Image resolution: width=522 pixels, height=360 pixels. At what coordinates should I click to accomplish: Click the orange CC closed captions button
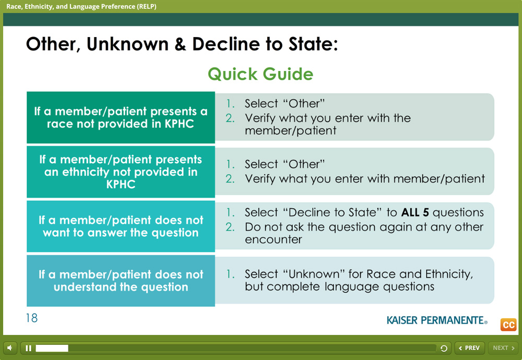coord(508,325)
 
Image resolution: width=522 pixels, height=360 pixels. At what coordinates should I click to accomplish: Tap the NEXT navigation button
coord(503,348)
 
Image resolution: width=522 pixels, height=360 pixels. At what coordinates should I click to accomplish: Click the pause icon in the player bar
coord(28,348)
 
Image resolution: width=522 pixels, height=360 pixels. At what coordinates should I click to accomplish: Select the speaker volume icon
coord(10,348)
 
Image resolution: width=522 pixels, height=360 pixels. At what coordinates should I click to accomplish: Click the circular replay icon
coord(444,349)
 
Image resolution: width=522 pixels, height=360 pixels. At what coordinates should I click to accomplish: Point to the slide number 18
coord(32,318)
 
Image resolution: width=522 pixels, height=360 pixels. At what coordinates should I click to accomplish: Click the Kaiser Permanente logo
coord(437,320)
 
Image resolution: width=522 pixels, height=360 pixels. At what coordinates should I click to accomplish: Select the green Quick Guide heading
coord(260,74)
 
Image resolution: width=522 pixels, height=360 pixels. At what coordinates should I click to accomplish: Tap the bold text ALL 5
coord(415,212)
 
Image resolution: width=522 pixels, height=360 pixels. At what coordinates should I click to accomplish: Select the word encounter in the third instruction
coord(274,239)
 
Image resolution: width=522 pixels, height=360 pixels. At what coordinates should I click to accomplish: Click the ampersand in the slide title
coord(180,44)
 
